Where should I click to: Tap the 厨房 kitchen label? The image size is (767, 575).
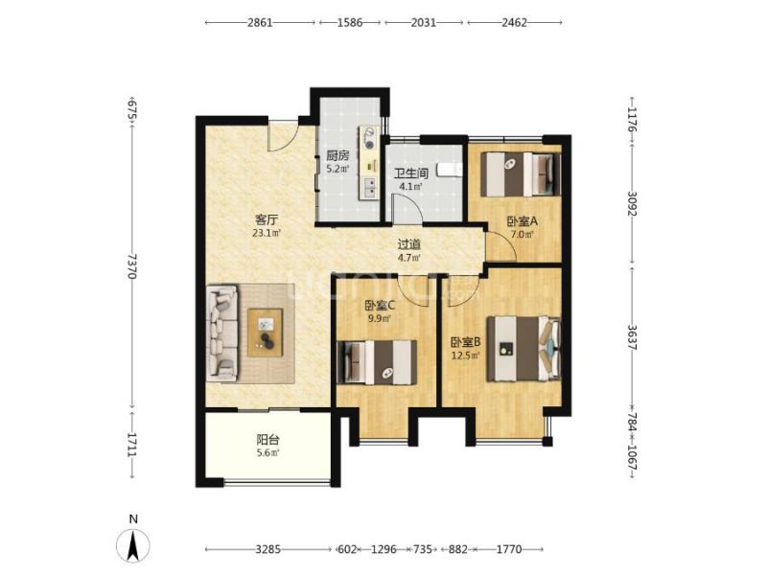pyautogui.click(x=338, y=156)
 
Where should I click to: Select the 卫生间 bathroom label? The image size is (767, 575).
pyautogui.click(x=411, y=173)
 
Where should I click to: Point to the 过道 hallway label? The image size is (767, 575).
pyautogui.click(x=409, y=244)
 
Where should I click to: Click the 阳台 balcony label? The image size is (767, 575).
pyautogui.click(x=268, y=439)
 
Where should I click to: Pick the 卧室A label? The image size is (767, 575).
pyautogui.click(x=522, y=221)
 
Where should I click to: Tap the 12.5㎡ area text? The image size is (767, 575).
pyautogui.click(x=465, y=356)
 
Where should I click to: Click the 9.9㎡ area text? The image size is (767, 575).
pyautogui.click(x=379, y=319)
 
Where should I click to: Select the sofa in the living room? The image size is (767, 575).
pyautogui.click(x=222, y=333)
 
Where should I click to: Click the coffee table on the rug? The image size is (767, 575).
pyautogui.click(x=266, y=333)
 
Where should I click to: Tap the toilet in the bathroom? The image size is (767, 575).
pyautogui.click(x=449, y=170)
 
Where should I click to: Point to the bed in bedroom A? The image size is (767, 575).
pyautogui.click(x=521, y=174)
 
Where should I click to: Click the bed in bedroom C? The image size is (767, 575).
pyautogui.click(x=377, y=362)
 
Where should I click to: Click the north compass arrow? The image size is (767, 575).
pyautogui.click(x=132, y=545)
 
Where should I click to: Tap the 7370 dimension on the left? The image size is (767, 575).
pyautogui.click(x=131, y=266)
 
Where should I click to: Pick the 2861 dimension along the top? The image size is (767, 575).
pyautogui.click(x=260, y=22)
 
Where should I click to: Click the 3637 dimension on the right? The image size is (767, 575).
pyautogui.click(x=632, y=338)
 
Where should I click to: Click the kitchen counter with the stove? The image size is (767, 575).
pyautogui.click(x=369, y=163)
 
